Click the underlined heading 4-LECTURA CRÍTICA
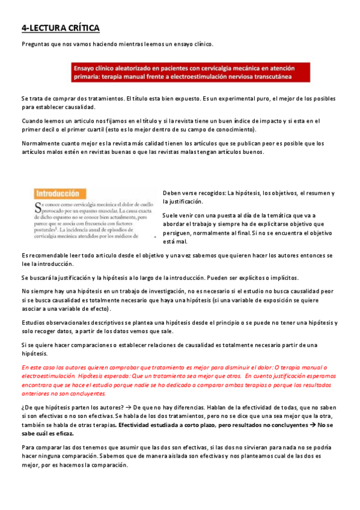60,28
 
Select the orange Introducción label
58,194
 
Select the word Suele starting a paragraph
172,215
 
